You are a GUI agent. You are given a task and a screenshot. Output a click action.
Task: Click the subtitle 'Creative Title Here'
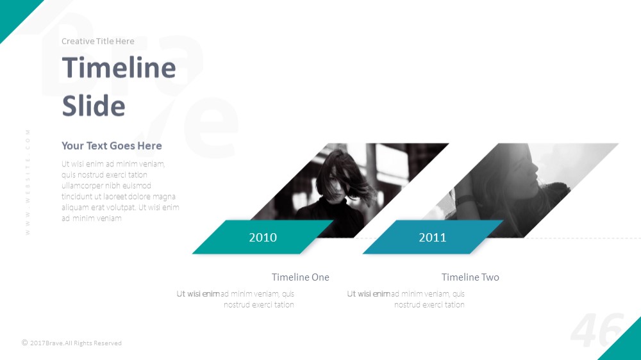97,41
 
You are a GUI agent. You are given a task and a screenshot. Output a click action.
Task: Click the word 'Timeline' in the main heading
119,67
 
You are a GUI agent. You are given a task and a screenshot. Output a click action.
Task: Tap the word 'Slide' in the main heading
94,106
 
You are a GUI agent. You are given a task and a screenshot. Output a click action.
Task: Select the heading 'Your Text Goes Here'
112,146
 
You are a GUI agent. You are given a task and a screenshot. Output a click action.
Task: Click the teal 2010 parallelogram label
263,237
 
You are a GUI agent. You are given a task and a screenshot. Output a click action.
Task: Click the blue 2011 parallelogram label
433,237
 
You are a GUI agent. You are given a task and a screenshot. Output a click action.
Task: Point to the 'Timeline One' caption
301,277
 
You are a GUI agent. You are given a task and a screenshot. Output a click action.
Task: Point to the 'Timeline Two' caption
470,277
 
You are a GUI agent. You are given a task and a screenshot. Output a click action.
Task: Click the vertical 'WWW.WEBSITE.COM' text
28,182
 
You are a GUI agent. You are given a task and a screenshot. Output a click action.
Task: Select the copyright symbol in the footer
24,343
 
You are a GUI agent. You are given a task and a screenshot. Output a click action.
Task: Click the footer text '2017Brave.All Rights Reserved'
76,343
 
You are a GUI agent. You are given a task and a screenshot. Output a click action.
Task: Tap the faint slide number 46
597,330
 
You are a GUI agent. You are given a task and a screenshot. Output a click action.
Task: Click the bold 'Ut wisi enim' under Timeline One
198,294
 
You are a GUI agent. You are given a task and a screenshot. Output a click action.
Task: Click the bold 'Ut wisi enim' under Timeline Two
369,294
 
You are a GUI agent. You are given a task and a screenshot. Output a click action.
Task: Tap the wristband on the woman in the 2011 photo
464,200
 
